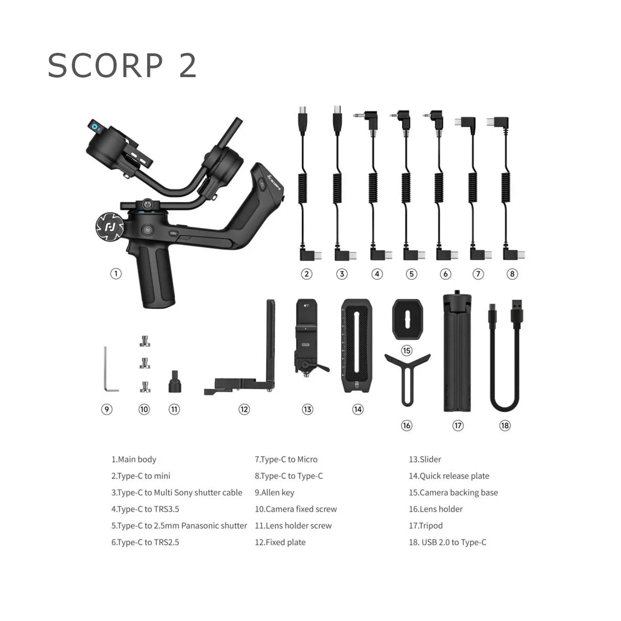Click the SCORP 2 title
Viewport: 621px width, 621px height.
122,65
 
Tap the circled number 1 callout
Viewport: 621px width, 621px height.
116,274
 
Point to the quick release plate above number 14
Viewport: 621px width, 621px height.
357,346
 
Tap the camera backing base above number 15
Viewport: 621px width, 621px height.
407,319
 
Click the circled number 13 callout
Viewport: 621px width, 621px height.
307,409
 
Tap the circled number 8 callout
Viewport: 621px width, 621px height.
512,274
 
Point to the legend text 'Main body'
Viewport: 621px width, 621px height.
137,459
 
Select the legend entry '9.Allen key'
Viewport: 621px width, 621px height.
274,492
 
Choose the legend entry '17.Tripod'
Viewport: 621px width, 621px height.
426,526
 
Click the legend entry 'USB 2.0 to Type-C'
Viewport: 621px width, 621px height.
453,542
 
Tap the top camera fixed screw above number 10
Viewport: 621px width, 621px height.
145,341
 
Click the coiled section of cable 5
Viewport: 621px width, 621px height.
406,188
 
